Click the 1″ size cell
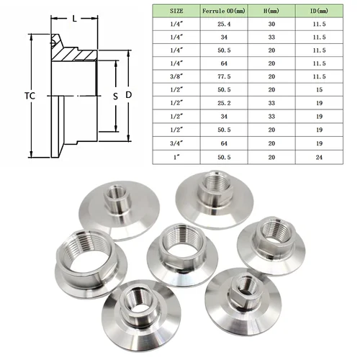coord(176,156)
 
